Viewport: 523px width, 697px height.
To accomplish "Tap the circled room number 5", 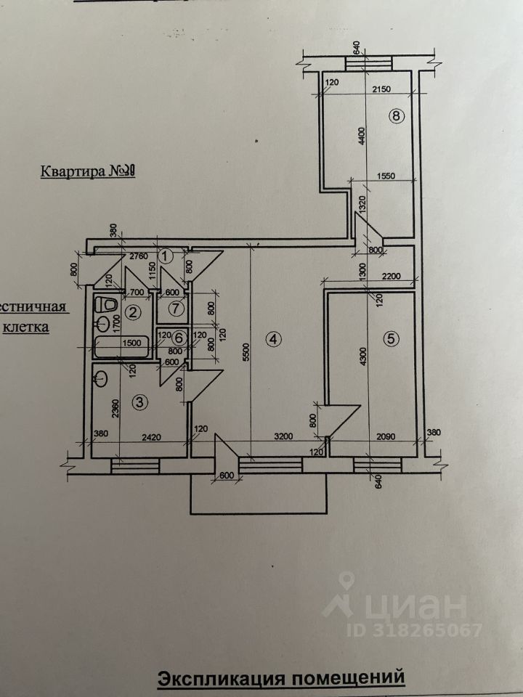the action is (x=391, y=338).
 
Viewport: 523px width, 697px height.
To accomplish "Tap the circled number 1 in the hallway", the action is (x=166, y=256).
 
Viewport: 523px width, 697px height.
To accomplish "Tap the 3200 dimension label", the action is (x=284, y=438).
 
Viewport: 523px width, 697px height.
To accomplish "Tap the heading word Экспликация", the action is (x=222, y=679).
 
